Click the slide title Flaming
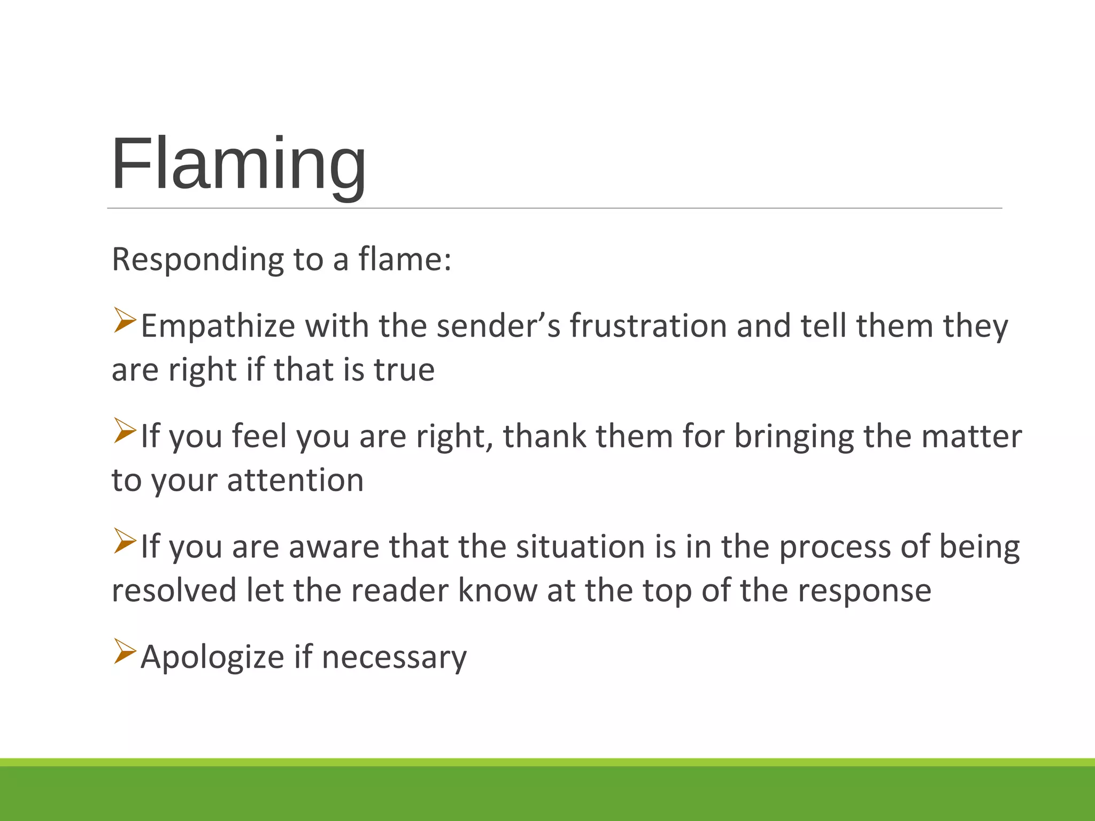[238, 164]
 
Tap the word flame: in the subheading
[405, 260]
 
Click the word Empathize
[218, 326]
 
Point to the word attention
[296, 480]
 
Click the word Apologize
[212, 657]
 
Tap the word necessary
[395, 658]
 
